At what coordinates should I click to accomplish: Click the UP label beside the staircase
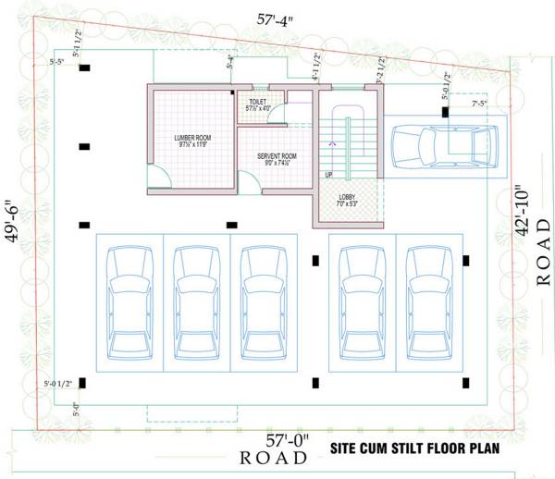328,175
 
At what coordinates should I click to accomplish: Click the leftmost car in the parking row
129,305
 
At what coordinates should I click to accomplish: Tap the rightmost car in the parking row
428,305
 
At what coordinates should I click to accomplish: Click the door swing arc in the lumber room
158,177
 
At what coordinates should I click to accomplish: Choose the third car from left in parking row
264,305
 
